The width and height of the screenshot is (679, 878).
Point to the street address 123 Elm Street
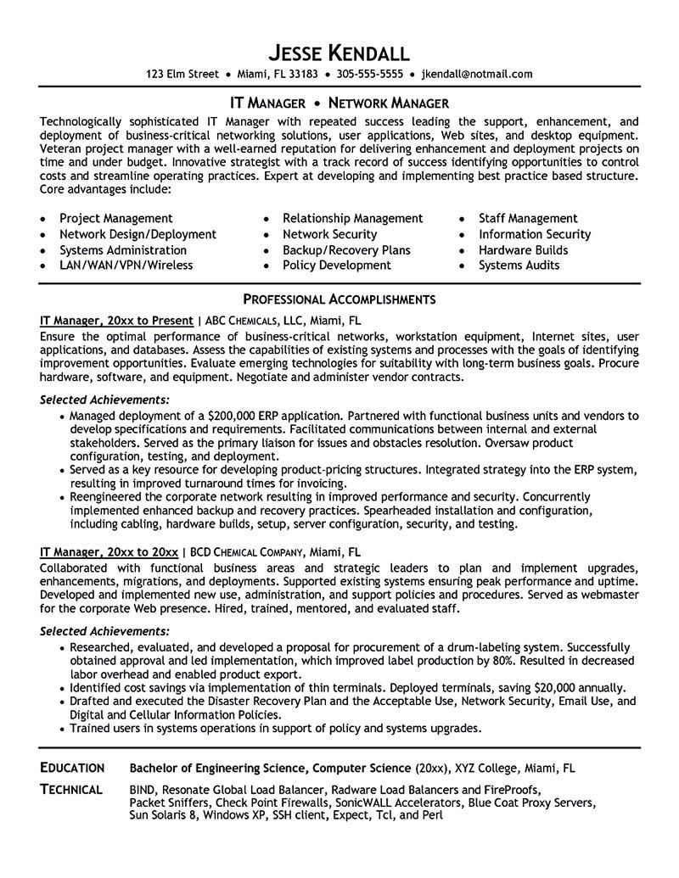184,74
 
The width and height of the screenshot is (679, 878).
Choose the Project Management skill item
115,219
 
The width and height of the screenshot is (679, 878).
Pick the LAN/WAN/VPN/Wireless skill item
126,265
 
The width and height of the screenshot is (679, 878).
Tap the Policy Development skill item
336,265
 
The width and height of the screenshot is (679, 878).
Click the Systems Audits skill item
519,265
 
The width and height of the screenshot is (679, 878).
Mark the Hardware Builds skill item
523,249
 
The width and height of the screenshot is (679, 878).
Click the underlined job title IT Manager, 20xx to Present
116,321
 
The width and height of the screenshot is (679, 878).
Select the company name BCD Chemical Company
270,552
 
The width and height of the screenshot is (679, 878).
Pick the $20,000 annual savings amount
543,688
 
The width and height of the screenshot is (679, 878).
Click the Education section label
72,768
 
